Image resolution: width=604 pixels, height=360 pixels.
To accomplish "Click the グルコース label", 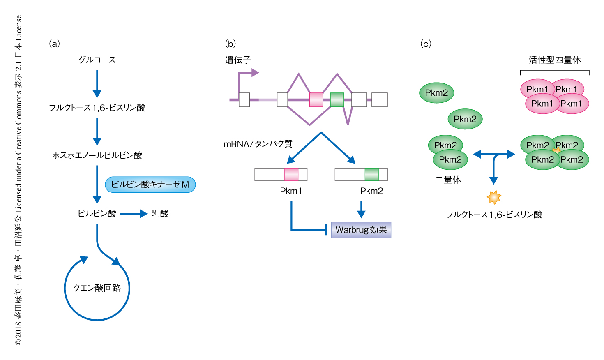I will [97, 60].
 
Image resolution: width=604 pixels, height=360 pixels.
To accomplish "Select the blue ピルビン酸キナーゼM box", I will [150, 185].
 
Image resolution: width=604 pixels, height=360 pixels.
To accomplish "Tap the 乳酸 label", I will [160, 214].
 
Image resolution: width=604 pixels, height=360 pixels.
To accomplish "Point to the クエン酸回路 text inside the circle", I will [97, 288].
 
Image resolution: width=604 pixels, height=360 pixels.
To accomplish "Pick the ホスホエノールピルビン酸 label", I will [97, 155].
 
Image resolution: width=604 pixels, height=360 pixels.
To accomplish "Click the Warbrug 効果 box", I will [361, 230].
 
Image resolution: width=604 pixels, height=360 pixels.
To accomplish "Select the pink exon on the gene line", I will [316, 100].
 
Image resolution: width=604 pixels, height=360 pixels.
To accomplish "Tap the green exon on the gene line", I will [337, 100].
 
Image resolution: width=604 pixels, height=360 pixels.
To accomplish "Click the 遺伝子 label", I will [238, 60].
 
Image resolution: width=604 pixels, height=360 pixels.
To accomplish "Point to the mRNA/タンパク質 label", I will [258, 144].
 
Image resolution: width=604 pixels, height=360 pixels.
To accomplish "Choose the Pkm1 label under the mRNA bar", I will [291, 191].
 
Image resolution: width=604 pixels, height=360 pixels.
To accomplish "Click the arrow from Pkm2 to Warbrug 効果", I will [361, 209].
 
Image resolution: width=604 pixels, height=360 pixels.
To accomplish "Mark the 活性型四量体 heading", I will [555, 60].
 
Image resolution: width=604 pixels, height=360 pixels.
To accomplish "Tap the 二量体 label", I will [448, 180].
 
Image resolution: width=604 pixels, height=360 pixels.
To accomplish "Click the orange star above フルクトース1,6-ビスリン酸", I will [494, 197].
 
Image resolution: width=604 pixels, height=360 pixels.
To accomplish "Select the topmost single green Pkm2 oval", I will [436, 93].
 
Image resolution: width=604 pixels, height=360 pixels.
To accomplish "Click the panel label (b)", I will [231, 44].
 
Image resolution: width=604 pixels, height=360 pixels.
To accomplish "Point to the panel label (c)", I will [426, 44].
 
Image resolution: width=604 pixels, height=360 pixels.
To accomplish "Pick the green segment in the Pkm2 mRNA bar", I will [371, 175].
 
